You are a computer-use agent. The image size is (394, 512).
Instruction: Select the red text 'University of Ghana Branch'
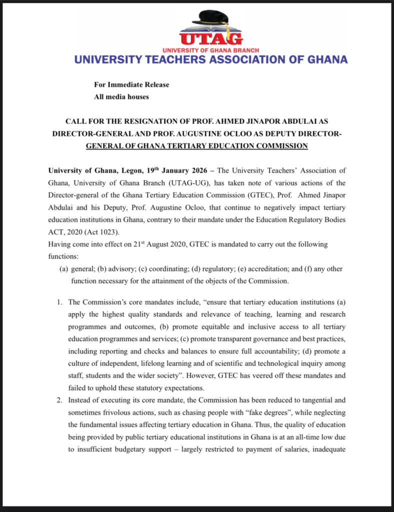[210, 50]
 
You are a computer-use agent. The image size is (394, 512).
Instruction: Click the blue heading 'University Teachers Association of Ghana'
[210, 59]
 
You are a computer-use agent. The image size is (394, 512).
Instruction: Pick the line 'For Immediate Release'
[131, 84]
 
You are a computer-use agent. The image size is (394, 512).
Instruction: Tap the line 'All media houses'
[121, 96]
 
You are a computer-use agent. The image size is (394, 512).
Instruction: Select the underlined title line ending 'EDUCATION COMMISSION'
[196, 146]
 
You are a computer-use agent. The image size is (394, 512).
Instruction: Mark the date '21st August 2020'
[155, 244]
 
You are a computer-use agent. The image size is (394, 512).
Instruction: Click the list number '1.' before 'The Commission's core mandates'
[59, 302]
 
